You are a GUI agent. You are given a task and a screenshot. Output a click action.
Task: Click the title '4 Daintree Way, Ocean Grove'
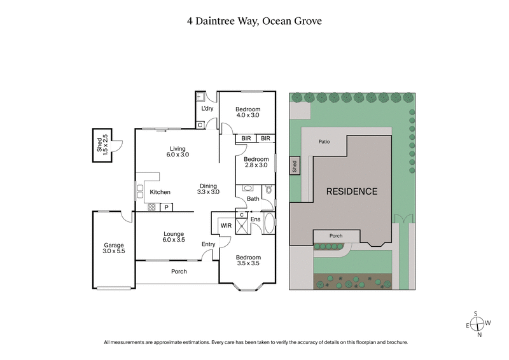coord(254,21)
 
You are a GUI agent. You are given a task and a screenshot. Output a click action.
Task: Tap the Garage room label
coord(115,249)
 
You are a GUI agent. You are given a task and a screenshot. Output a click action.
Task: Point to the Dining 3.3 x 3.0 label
coord(208,188)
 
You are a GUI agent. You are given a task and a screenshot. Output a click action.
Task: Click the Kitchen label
coord(160,192)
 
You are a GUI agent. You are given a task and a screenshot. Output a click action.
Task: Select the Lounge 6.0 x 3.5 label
coord(174,237)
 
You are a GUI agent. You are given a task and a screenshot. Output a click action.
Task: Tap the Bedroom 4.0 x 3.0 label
coord(248,113)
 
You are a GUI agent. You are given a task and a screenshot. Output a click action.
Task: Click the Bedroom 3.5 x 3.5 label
coord(248,260)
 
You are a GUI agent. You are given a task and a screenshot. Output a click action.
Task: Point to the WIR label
coord(225,225)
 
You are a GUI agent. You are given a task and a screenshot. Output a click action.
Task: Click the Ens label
coord(255,220)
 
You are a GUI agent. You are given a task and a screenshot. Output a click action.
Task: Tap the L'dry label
coord(207,109)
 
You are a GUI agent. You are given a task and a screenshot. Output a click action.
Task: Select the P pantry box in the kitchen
coord(166,207)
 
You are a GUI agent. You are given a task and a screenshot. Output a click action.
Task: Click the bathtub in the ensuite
coord(269,225)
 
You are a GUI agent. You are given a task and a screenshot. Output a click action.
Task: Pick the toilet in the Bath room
coord(268,190)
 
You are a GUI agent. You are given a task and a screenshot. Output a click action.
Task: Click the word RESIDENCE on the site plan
coord(352,191)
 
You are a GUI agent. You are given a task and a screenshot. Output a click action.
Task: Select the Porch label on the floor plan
coord(179,272)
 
